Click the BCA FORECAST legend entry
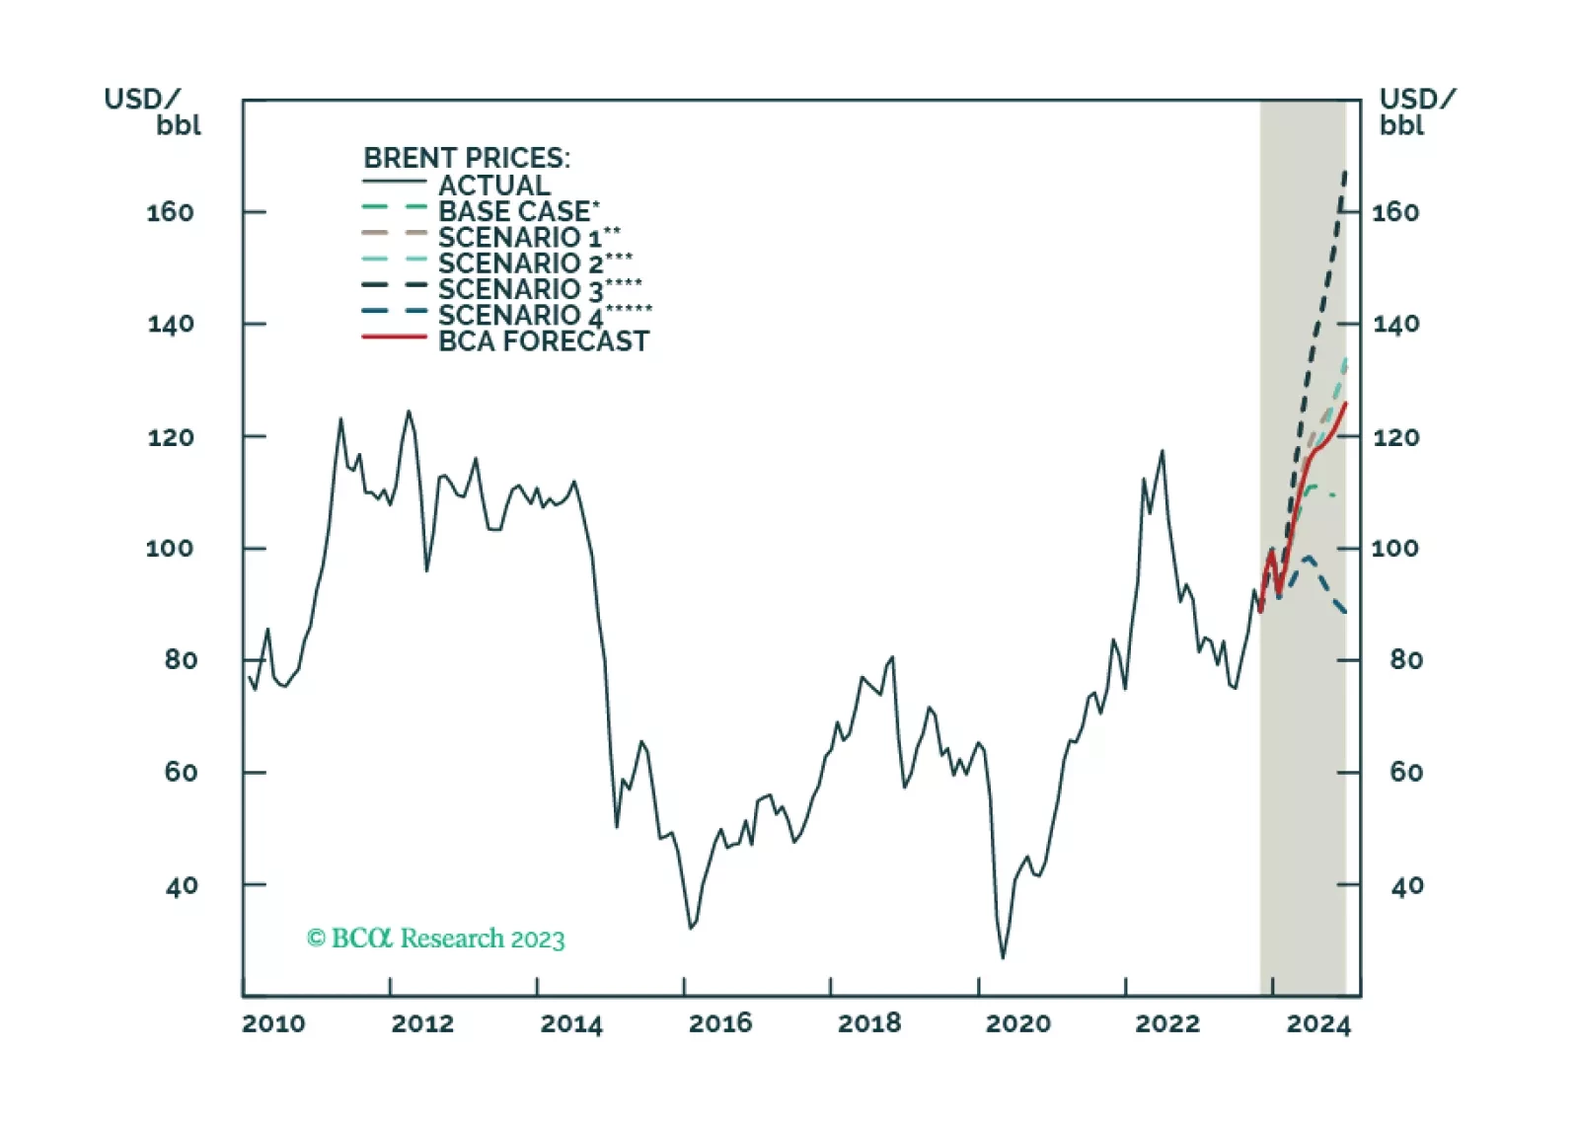(543, 341)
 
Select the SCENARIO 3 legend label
(539, 289)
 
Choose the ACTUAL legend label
(494, 186)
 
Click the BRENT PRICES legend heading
(467, 158)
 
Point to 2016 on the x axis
(720, 1023)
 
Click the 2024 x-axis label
(1317, 1023)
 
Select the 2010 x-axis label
(273, 1023)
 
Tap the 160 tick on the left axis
(170, 212)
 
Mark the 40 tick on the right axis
(1406, 886)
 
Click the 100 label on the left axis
(170, 549)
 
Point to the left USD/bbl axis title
(153, 112)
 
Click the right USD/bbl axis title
(1416, 112)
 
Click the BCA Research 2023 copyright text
(435, 938)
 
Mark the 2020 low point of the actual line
(1003, 957)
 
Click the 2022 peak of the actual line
(1163, 451)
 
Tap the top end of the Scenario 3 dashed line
(1344, 174)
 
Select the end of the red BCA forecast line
(1345, 403)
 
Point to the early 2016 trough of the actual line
(691, 928)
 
